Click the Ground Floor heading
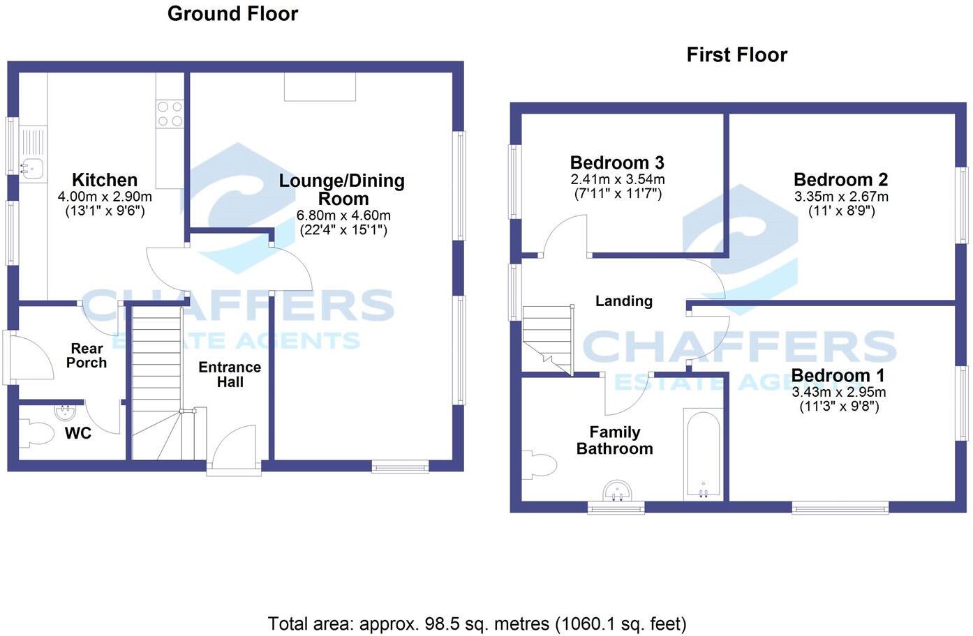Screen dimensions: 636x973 [x=232, y=14]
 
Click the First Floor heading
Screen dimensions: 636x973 [x=736, y=55]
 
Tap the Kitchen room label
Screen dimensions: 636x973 [x=105, y=180]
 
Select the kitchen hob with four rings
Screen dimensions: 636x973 [x=170, y=114]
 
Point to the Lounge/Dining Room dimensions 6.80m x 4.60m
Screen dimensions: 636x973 [x=343, y=215]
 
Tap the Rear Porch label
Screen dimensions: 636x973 [x=87, y=356]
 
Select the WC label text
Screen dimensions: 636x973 [x=78, y=434]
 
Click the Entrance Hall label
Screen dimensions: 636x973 [x=230, y=374]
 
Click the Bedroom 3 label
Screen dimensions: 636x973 [x=617, y=163]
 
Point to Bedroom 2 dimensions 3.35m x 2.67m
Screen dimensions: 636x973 [x=841, y=197]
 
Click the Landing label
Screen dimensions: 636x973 [x=623, y=301]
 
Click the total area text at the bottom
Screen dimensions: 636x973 [x=477, y=623]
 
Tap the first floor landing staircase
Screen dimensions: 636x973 [x=548, y=338]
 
